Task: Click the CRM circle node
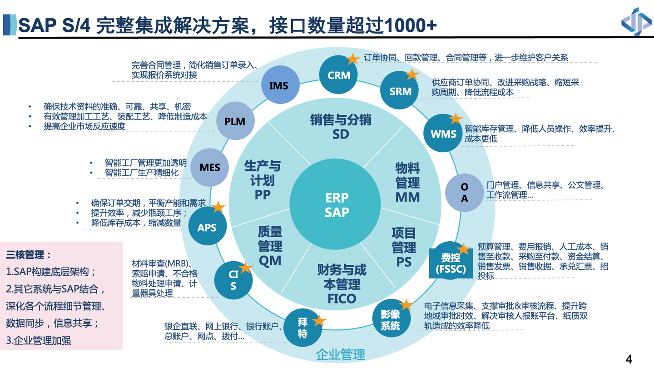[338, 75]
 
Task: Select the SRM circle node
[400, 91]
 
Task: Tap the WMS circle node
[443, 134]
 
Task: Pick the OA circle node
[464, 193]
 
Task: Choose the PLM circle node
[235, 121]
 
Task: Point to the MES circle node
[210, 167]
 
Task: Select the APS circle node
[207, 227]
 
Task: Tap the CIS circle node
[233, 280]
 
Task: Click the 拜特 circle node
[302, 328]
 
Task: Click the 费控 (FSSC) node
[451, 263]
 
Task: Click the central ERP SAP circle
[337, 205]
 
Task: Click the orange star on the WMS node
[455, 119]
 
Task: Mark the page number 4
[629, 359]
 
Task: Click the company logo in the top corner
[636, 21]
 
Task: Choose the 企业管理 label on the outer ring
[340, 354]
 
